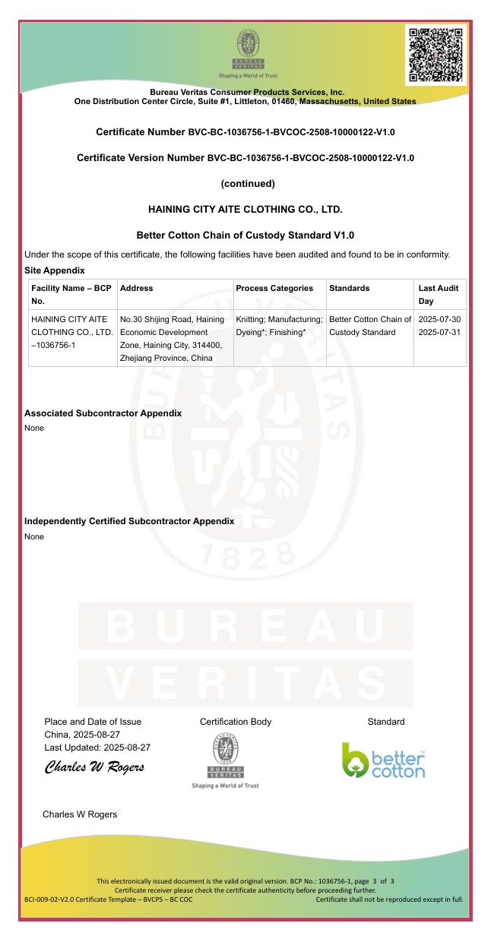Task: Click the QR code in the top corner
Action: pyautogui.click(x=436, y=55)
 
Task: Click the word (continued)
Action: pyautogui.click(x=248, y=183)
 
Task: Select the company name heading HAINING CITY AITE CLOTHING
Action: pyautogui.click(x=245, y=209)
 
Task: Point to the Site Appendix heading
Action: pyautogui.click(x=55, y=270)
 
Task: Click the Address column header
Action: pyautogui.click(x=137, y=288)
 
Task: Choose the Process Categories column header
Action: pyautogui.click(x=274, y=288)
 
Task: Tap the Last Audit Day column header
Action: pyautogui.click(x=439, y=295)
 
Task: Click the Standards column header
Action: pyautogui.click(x=350, y=288)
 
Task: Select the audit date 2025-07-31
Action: pyautogui.click(x=439, y=332)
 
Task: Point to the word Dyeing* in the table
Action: pyautogui.click(x=253, y=332)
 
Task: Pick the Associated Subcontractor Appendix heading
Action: pyautogui.click(x=103, y=413)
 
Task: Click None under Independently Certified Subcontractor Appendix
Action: pyautogui.click(x=34, y=536)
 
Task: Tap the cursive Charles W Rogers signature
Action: pyautogui.click(x=95, y=767)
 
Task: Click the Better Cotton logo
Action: pyautogui.click(x=384, y=760)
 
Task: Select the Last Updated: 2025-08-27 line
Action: pyautogui.click(x=97, y=748)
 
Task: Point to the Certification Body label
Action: pyautogui.click(x=236, y=722)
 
